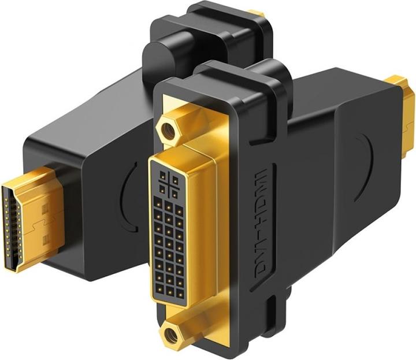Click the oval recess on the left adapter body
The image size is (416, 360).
(129, 191)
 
